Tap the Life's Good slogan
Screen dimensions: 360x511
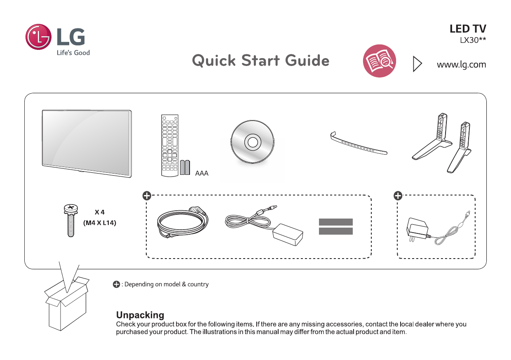pyautogui.click(x=73, y=53)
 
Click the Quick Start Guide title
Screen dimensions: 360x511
pyautogui.click(x=260, y=61)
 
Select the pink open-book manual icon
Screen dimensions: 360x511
pyautogui.click(x=379, y=61)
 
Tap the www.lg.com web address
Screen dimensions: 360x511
pyautogui.click(x=461, y=65)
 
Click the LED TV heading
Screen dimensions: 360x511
pyautogui.click(x=467, y=29)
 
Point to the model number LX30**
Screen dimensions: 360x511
pyautogui.click(x=472, y=40)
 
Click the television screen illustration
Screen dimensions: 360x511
pyautogui.click(x=87, y=142)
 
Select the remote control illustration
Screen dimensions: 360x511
pyautogui.click(x=169, y=145)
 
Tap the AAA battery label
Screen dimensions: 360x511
pyautogui.click(x=202, y=174)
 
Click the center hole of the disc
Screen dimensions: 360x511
pyautogui.click(x=252, y=142)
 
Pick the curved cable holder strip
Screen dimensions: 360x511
pyautogui.click(x=359, y=145)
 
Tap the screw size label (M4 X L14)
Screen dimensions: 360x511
pyautogui.click(x=100, y=223)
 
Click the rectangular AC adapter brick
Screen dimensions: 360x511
pyautogui.click(x=287, y=235)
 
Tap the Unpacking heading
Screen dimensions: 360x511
pyautogui.click(x=140, y=315)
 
